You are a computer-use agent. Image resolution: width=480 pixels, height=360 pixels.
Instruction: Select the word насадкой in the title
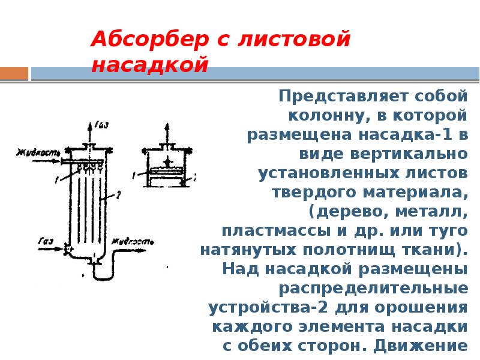click(x=149, y=65)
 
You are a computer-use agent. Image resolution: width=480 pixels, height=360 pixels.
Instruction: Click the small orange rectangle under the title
click(x=14, y=73)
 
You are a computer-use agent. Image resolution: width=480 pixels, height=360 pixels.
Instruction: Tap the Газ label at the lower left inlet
click(x=45, y=241)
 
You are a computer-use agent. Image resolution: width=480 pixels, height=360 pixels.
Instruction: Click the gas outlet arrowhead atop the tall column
click(x=91, y=124)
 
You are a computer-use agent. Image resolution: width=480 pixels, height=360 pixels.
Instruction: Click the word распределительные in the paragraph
click(x=373, y=288)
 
